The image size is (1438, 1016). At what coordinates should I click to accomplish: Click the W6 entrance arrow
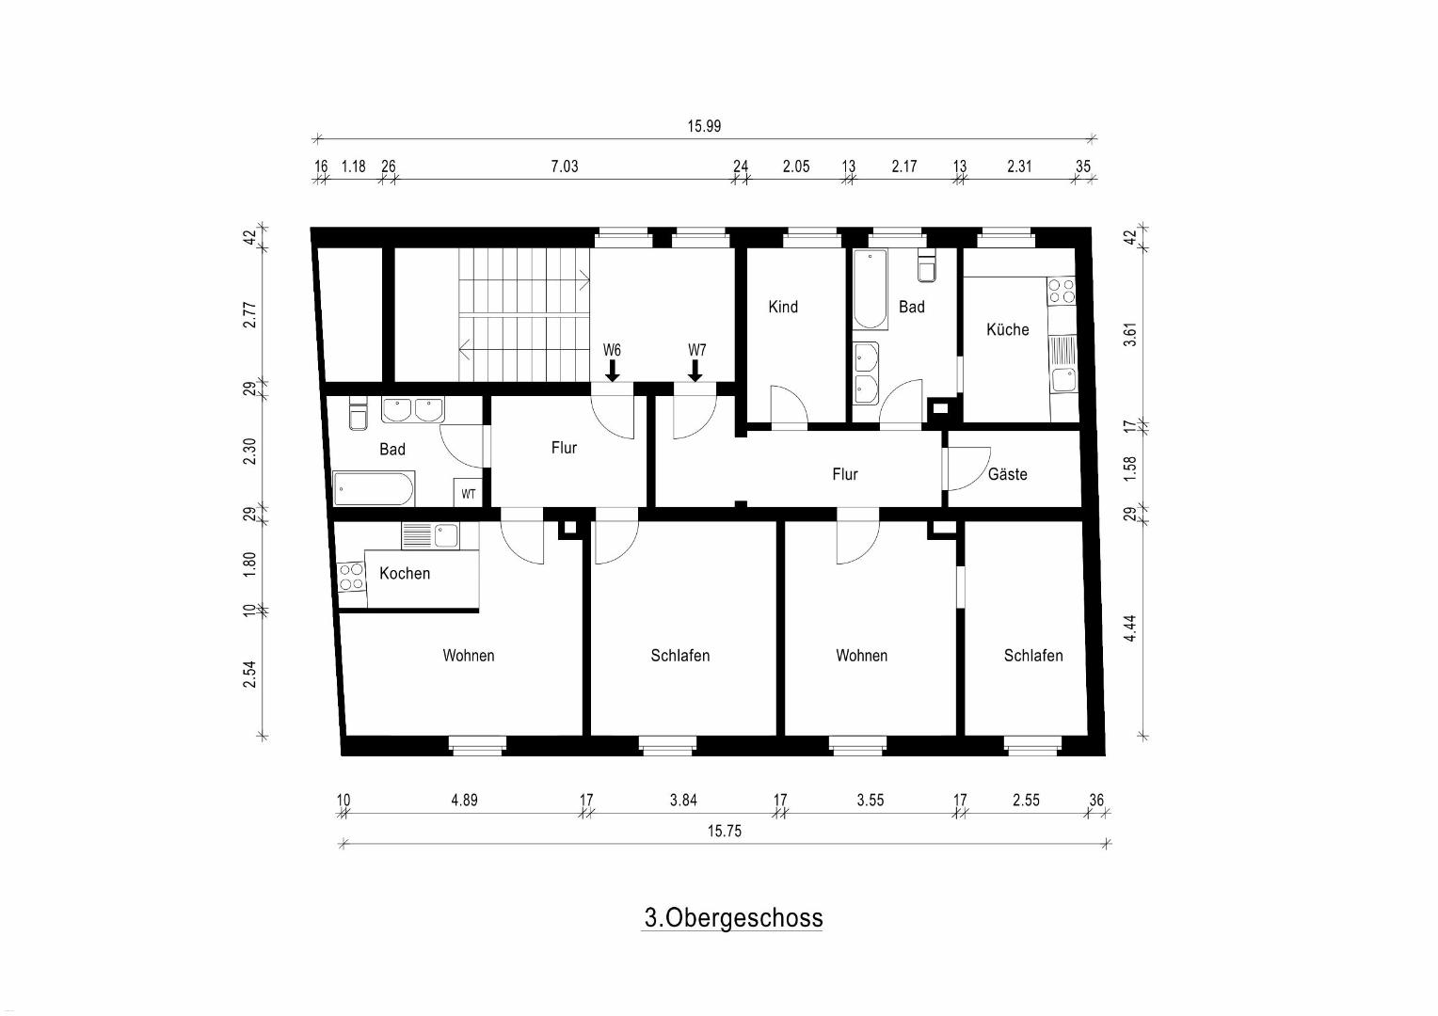(613, 371)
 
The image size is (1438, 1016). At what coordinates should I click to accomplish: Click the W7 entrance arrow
(695, 371)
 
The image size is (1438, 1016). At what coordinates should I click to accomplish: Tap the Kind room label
(783, 307)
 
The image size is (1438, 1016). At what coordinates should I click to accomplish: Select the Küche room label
(1007, 329)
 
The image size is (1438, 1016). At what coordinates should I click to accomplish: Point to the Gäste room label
(1007, 474)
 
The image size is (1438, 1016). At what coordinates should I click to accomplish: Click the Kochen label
(405, 573)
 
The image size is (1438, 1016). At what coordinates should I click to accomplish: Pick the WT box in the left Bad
(468, 493)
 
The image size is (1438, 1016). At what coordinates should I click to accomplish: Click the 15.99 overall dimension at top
(704, 126)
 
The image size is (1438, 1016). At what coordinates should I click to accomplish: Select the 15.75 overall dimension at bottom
(724, 832)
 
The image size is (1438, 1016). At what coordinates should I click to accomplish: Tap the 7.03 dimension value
(565, 167)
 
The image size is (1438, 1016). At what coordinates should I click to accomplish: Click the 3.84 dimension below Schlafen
(683, 801)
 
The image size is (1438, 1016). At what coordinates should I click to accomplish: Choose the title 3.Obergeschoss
(733, 918)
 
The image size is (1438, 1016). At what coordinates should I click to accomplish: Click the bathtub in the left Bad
(374, 489)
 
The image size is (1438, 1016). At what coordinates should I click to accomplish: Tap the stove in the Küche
(1062, 291)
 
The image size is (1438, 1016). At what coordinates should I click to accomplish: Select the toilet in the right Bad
(927, 266)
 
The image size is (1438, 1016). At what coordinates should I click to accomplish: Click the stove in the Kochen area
(350, 576)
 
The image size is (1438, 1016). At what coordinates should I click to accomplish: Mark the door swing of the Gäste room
(966, 468)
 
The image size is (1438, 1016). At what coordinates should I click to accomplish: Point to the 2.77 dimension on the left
(249, 314)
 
